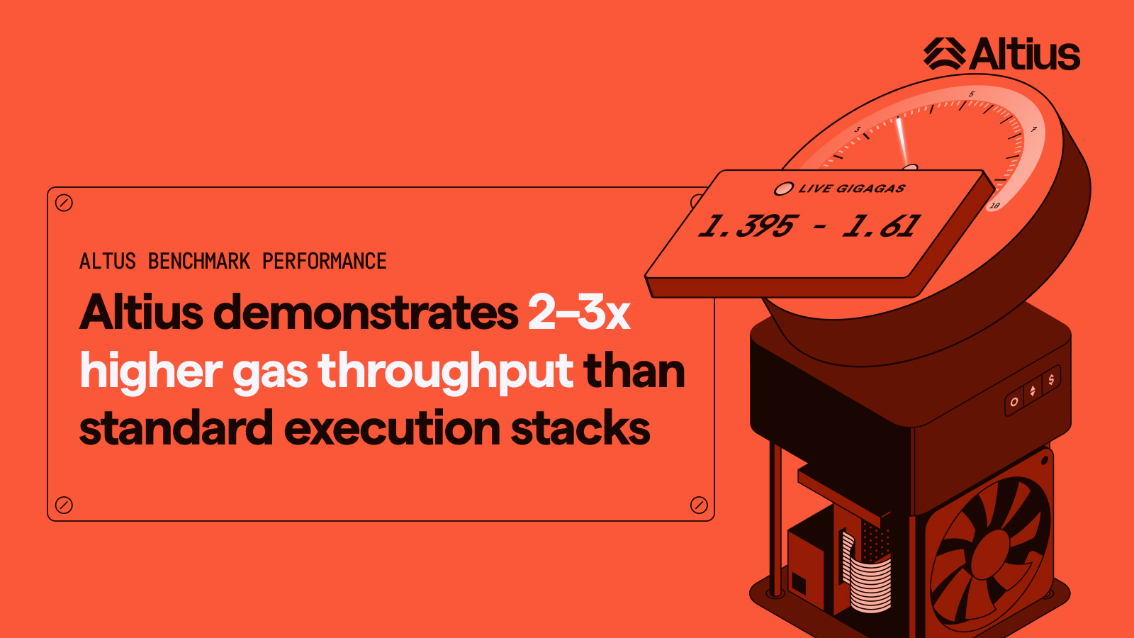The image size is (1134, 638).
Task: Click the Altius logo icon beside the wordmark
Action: point(945,54)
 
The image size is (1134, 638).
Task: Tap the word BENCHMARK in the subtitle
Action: point(199,262)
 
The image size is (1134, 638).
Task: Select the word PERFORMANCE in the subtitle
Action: point(325,262)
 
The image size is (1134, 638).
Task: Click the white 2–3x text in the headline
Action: point(579,313)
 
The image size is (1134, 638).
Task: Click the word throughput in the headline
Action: point(446,372)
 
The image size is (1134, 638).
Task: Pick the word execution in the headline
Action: point(393,428)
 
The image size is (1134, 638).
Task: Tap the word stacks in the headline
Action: point(580,428)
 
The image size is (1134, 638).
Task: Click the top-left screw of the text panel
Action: point(64,203)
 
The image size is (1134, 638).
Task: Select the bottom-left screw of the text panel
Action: point(64,505)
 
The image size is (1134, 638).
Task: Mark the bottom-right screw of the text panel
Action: point(699,505)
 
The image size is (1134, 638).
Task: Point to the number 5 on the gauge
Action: point(972,94)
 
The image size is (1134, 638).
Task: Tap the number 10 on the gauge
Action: point(995,206)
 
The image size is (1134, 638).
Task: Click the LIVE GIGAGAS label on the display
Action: point(852,189)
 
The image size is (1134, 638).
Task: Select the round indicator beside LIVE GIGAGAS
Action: point(784,189)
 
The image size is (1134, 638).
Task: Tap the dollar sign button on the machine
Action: point(1051,379)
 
